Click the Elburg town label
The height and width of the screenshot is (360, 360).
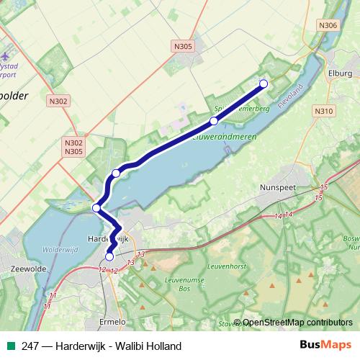pos(339,73)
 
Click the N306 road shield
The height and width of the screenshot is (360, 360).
pos(328,26)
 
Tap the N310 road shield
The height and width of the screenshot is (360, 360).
pos(324,111)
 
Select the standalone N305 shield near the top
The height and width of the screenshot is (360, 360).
pos(184,46)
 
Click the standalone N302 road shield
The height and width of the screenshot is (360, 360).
pos(59,102)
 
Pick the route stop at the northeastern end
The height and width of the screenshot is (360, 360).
pos(264,84)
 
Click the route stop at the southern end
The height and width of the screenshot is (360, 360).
pos(109,256)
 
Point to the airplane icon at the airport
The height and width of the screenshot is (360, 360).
pos(5,55)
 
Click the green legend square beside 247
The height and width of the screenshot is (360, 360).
pos(10,346)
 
